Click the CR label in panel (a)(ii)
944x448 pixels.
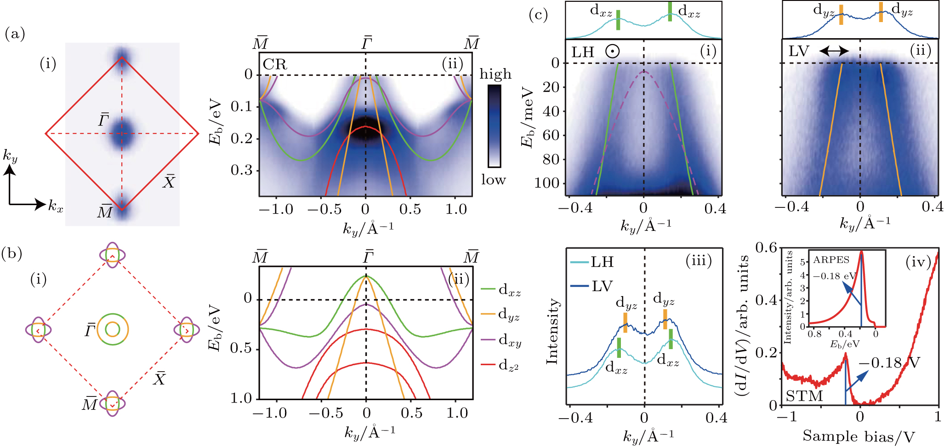tap(275, 64)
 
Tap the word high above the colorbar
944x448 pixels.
tap(495, 74)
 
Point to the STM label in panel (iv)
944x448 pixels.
tap(804, 396)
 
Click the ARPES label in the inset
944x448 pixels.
tap(831, 260)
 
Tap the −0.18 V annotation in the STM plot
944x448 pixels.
tap(889, 363)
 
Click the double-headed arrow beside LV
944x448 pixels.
tap(834, 51)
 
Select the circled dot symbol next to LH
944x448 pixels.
tap(612, 51)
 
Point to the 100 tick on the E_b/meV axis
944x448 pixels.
tap(546, 183)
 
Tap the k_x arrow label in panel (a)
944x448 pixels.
tap(56, 206)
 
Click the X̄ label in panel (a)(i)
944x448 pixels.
tap(169, 182)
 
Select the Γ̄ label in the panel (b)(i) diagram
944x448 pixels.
tap(90, 330)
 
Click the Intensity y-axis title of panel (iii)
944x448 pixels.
tap(552, 331)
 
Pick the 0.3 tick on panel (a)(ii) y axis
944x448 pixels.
tap(242, 170)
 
